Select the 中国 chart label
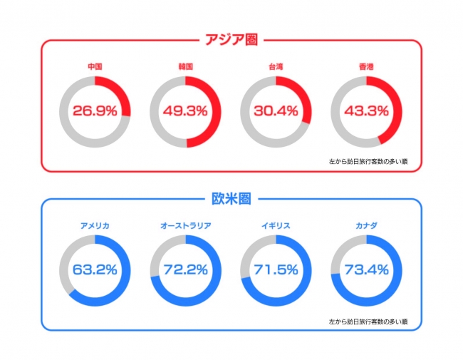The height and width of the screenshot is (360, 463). [x=95, y=67]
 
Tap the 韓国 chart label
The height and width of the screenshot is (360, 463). [x=185, y=67]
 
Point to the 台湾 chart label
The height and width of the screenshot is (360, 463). [x=276, y=67]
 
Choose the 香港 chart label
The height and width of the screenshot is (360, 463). [x=367, y=67]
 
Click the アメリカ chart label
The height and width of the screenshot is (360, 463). [x=95, y=226]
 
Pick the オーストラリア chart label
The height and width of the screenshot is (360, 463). [x=185, y=226]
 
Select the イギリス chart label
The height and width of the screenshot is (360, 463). [x=276, y=226]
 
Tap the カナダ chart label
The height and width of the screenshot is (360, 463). [x=367, y=226]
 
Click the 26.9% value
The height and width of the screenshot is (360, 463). [x=95, y=111]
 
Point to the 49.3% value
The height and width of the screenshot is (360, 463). [x=185, y=111]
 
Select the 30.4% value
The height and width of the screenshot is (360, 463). [x=276, y=111]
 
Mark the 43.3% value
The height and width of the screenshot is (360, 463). [x=367, y=111]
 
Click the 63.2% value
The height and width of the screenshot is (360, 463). [x=95, y=270]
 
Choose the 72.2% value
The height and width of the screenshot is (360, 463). [x=185, y=270]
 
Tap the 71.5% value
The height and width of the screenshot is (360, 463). [x=276, y=270]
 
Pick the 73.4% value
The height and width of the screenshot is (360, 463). [x=367, y=270]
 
